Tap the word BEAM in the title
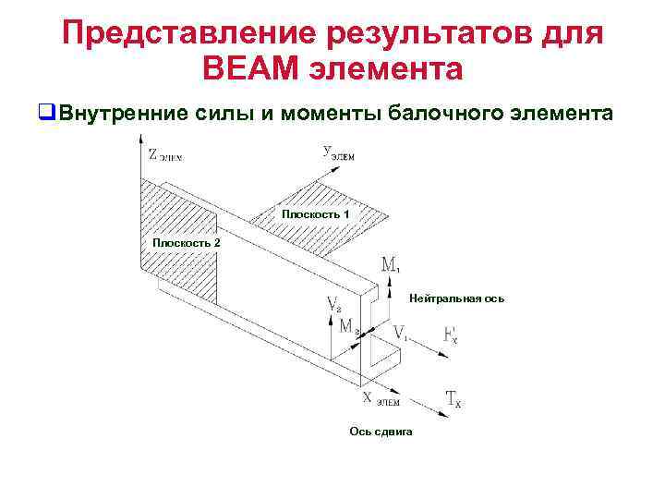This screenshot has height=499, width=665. pyautogui.click(x=251, y=69)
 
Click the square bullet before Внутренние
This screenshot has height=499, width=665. pyautogui.click(x=43, y=113)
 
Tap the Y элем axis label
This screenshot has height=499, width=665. pyautogui.click(x=338, y=152)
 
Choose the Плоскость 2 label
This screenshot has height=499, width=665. pyautogui.click(x=186, y=242)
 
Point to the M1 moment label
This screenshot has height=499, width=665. pyautogui.click(x=390, y=266)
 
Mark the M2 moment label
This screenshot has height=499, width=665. pyautogui.click(x=348, y=325)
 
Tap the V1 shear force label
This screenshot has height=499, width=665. pyautogui.click(x=400, y=332)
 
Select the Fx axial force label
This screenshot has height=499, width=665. pyautogui.click(x=450, y=335)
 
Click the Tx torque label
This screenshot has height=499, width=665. pyautogui.click(x=453, y=399)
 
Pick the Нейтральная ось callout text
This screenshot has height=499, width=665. pyautogui.click(x=456, y=299)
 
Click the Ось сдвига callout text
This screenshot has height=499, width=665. pyautogui.click(x=381, y=432)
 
